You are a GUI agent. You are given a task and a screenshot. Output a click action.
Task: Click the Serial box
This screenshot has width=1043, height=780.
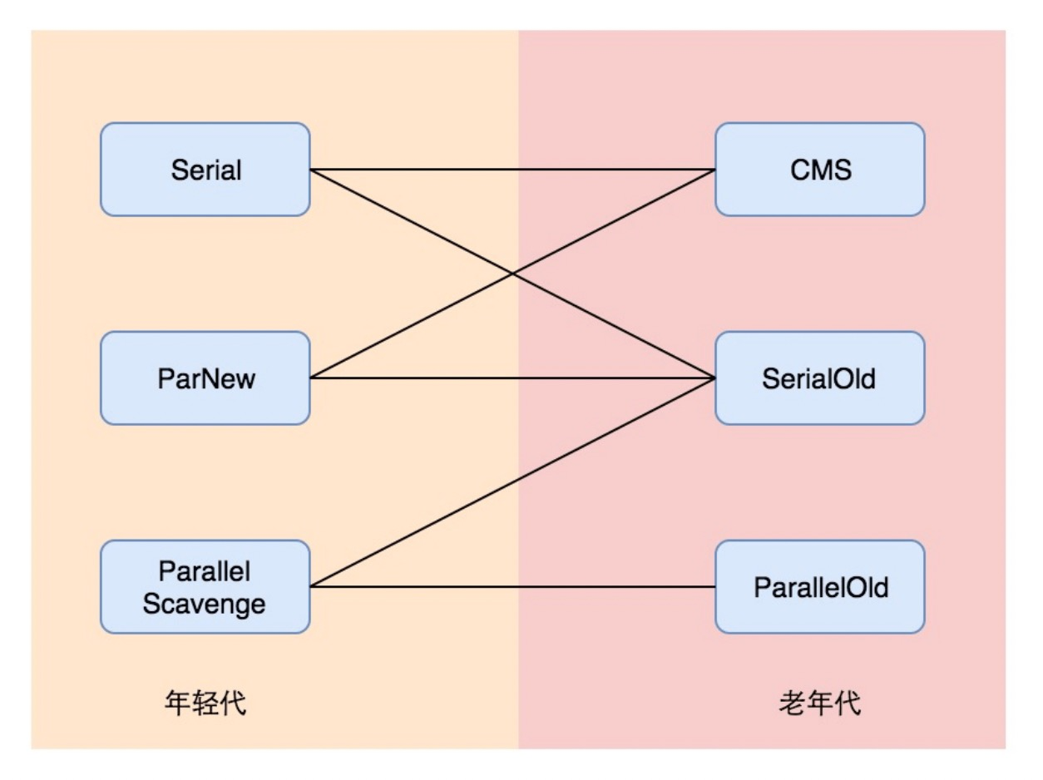[205, 170]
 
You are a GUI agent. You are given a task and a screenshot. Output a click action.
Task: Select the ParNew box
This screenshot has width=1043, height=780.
[205, 378]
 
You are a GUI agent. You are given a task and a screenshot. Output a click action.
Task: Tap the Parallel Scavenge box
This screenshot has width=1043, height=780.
[205, 587]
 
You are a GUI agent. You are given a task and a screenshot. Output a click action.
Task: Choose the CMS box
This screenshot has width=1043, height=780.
[820, 170]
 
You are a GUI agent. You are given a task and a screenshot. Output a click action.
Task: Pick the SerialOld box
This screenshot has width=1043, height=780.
[820, 378]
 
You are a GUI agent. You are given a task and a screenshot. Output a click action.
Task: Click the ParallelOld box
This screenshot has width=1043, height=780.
[820, 587]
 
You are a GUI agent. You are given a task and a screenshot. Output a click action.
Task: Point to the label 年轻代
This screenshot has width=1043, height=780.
[206, 703]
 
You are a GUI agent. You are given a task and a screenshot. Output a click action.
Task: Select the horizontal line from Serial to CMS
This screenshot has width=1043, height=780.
[416, 170]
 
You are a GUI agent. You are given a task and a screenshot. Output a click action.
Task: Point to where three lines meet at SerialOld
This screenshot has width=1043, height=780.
[714, 378]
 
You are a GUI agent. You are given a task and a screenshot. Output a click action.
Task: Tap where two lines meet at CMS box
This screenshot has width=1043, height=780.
[714, 170]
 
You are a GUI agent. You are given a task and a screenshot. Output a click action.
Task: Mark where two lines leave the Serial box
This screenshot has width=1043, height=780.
[311, 170]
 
